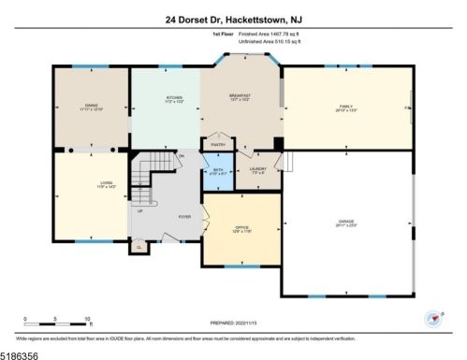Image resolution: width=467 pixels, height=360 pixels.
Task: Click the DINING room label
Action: [91, 106]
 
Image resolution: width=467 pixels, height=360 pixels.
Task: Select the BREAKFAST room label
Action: [241, 97]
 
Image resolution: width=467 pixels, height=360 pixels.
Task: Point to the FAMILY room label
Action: [348, 106]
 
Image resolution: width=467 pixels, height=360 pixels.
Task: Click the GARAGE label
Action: [347, 222]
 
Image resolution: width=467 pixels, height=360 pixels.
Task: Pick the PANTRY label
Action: [218, 145]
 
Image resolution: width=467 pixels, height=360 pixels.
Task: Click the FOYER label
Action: [185, 217]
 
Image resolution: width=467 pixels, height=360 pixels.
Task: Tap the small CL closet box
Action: [139, 248]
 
